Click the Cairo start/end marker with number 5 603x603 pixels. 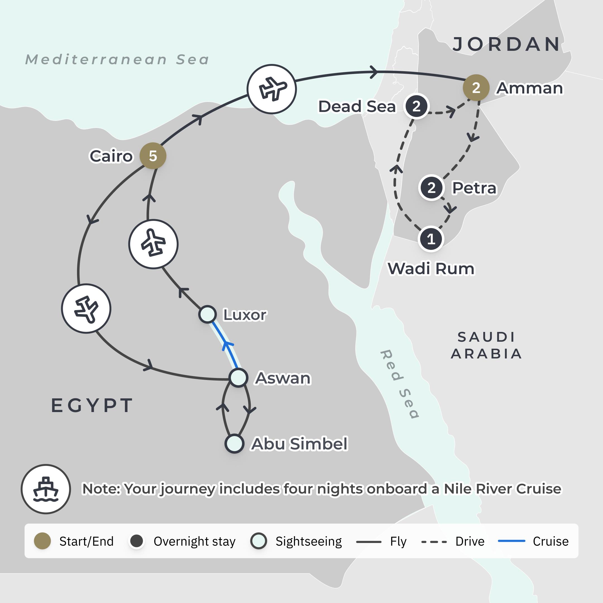click(x=153, y=156)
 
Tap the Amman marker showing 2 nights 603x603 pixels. click(x=476, y=88)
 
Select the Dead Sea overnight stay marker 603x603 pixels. click(x=416, y=106)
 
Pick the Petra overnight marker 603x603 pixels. click(x=431, y=188)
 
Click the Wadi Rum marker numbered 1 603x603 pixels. click(x=431, y=239)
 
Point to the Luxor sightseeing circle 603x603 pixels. click(x=207, y=314)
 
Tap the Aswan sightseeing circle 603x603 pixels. click(x=238, y=378)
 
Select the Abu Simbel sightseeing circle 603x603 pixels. click(x=234, y=444)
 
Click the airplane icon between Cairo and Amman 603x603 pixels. click(x=272, y=89)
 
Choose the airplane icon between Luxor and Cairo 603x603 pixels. click(x=153, y=244)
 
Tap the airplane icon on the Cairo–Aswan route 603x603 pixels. click(x=86, y=308)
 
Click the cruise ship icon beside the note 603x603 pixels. click(x=46, y=489)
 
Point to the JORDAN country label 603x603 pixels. click(x=506, y=44)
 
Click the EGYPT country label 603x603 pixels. click(x=92, y=405)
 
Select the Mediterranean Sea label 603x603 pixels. click(x=117, y=59)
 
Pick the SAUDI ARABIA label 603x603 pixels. click(x=486, y=345)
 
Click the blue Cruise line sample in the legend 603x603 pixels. click(x=511, y=541)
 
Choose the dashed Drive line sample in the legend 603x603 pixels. click(x=434, y=542)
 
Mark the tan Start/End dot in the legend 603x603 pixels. click(x=42, y=541)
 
